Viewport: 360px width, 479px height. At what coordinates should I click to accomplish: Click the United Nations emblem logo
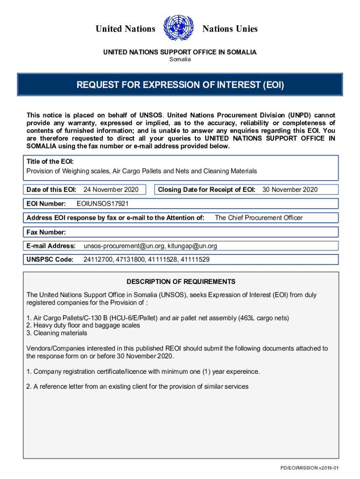click(x=179, y=28)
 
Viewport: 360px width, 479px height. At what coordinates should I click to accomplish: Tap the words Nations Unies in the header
click(x=230, y=29)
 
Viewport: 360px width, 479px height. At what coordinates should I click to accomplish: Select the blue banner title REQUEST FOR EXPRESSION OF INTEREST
click(x=180, y=86)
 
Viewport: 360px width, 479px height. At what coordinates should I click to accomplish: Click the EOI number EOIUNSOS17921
click(x=102, y=203)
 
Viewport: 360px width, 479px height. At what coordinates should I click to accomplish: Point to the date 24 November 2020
click(x=111, y=189)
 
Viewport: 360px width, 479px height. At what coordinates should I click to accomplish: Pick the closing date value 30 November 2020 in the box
click(x=290, y=189)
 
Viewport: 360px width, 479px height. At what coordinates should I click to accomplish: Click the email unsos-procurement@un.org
click(x=123, y=246)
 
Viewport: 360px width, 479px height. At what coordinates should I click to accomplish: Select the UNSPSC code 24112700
click(x=98, y=259)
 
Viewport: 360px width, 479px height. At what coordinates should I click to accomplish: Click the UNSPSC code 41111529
click(x=194, y=259)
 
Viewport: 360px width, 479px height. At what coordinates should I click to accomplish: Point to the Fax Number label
click(x=46, y=232)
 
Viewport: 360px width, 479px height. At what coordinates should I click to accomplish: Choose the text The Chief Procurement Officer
click(x=259, y=218)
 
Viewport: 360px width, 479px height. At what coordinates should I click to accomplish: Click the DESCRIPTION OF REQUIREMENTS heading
click(x=181, y=282)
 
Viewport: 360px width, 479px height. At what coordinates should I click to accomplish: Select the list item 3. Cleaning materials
click(x=57, y=333)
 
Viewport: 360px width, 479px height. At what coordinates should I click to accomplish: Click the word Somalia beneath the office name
click(x=180, y=59)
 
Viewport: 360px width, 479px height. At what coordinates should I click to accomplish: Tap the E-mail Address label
click(x=51, y=246)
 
